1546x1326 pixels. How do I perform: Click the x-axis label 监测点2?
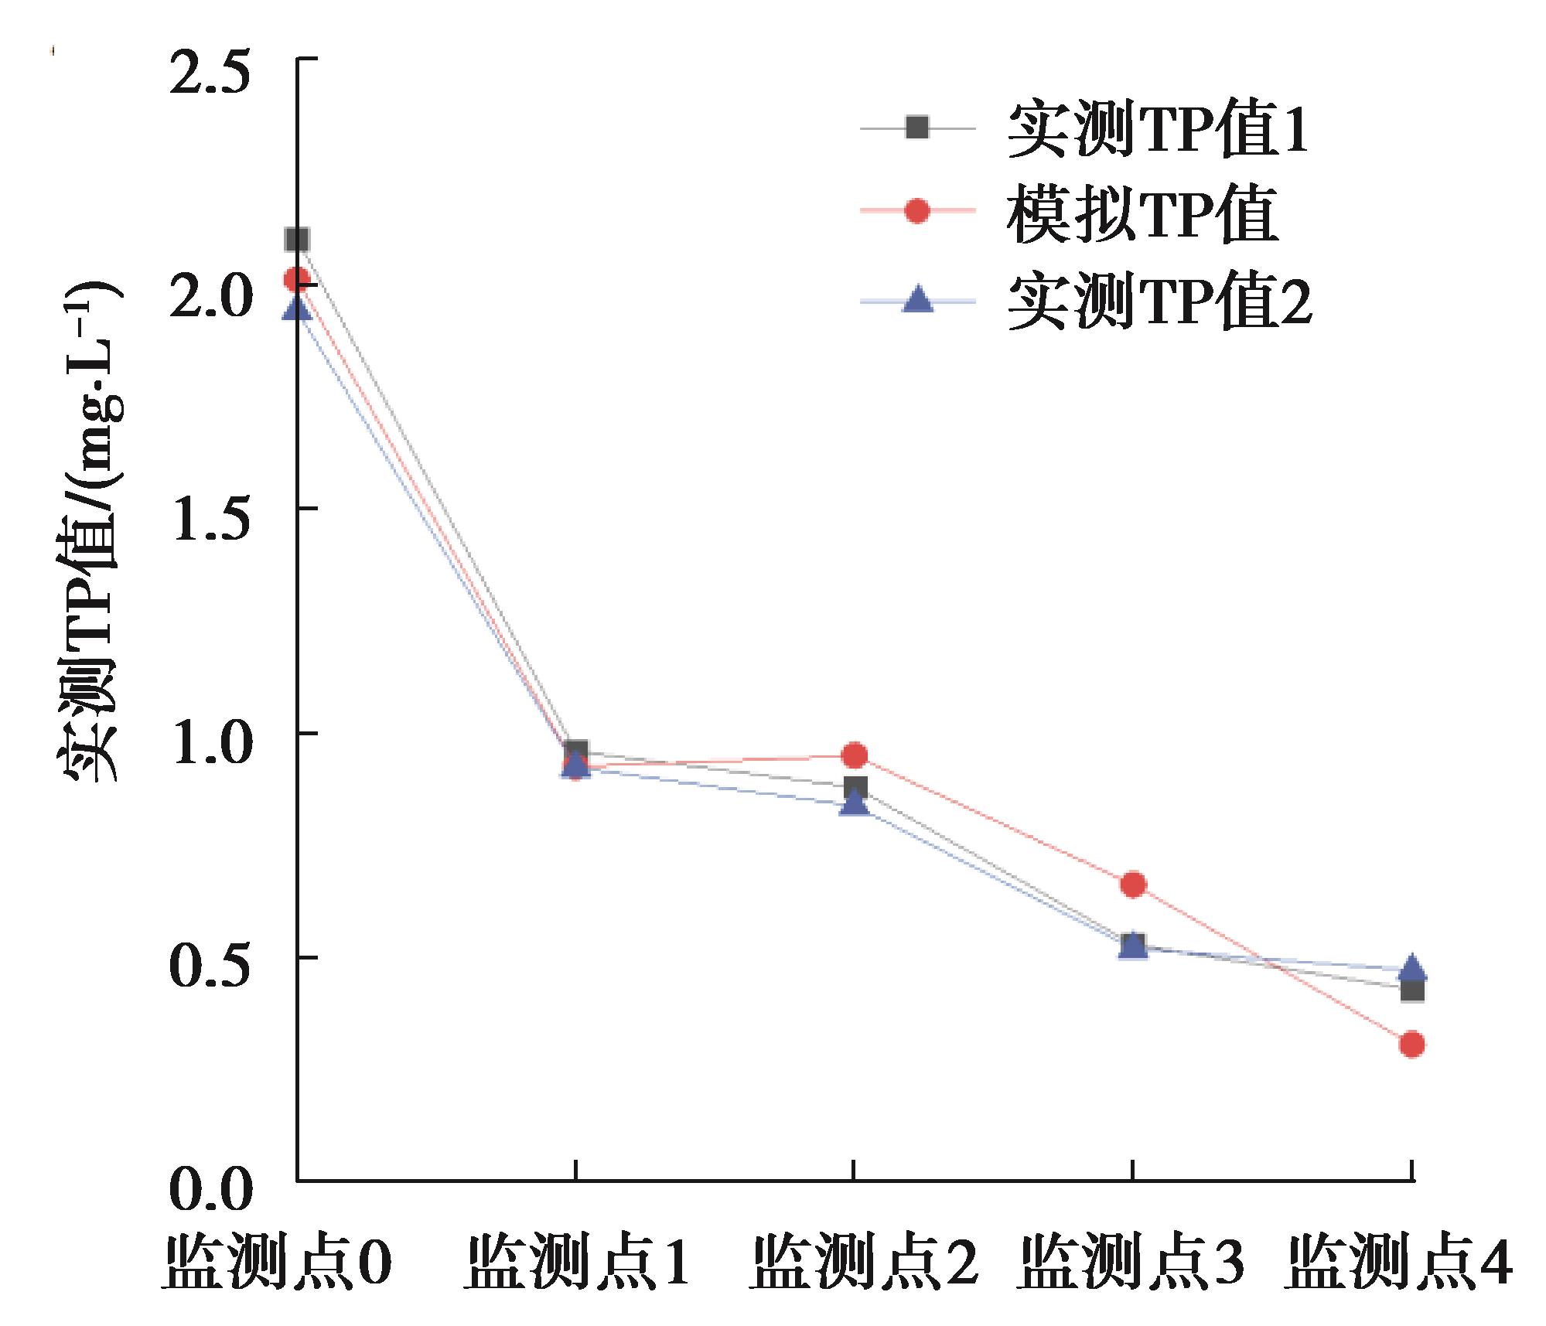click(865, 1264)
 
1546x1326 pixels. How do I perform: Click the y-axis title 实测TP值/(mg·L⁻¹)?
click(87, 533)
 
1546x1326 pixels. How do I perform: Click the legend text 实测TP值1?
click(1158, 129)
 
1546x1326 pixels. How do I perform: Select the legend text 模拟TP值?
click(1142, 214)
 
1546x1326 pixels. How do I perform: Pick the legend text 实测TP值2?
click(1159, 303)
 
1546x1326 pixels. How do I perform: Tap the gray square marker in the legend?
click(917, 127)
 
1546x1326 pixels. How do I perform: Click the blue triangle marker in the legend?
click(918, 300)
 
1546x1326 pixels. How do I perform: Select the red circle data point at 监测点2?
click(854, 755)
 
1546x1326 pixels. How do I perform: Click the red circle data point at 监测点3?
click(1133, 885)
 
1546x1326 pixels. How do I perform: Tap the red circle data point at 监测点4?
click(1412, 1045)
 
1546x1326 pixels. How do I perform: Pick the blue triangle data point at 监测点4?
click(1412, 968)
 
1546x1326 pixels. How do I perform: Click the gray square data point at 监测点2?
click(854, 789)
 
